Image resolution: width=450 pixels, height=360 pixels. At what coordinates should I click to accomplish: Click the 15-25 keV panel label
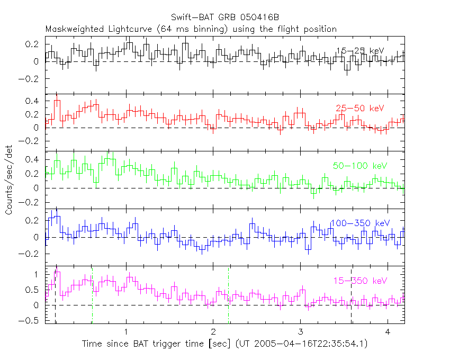click(x=359, y=51)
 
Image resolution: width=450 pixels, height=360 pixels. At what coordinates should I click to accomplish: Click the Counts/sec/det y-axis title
click(x=10, y=181)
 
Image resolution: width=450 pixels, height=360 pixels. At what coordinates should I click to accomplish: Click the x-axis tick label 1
click(x=126, y=331)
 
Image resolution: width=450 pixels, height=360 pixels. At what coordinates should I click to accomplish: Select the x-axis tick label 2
click(x=213, y=331)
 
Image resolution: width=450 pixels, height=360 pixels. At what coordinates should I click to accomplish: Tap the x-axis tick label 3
click(x=300, y=331)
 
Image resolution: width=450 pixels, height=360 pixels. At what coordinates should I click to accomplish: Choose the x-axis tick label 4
click(x=387, y=331)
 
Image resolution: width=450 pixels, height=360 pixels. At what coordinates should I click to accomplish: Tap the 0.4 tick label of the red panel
click(x=34, y=101)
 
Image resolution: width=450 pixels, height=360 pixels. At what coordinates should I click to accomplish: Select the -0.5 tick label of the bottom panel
click(x=31, y=320)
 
